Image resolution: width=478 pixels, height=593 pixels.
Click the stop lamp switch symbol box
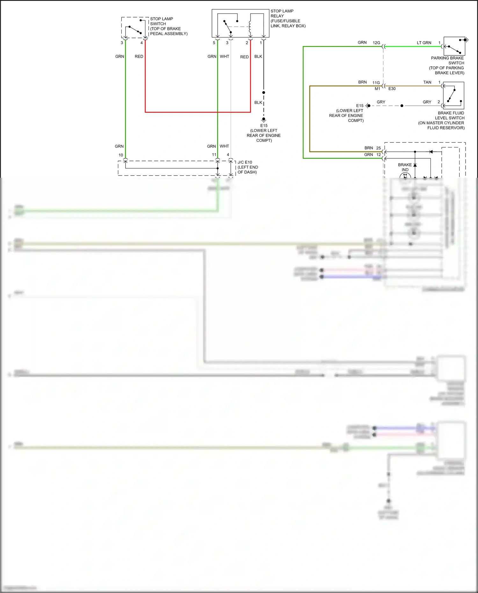[x=135, y=28]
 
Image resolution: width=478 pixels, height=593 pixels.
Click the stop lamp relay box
[x=240, y=23]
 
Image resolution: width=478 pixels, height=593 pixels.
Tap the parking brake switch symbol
[x=454, y=47]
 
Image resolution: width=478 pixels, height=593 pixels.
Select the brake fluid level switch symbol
[x=453, y=96]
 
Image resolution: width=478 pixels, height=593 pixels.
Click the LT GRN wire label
[x=424, y=43]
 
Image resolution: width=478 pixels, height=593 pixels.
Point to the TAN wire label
[x=427, y=82]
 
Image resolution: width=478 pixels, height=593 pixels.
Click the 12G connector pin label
[x=376, y=43]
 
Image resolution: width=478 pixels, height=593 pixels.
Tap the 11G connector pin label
[x=376, y=83]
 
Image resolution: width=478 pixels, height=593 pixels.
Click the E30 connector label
[x=392, y=89]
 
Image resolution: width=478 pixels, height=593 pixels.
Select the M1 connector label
[x=377, y=89]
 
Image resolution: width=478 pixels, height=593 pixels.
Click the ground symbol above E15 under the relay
[x=264, y=119]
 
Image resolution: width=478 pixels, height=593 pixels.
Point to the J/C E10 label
[x=245, y=162]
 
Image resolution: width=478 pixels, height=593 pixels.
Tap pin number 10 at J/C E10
[x=121, y=155]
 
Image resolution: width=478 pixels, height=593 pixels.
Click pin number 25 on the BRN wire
[x=379, y=148]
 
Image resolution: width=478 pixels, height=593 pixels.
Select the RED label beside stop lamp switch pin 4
[x=139, y=56]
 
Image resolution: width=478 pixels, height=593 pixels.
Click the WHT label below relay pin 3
[x=224, y=56]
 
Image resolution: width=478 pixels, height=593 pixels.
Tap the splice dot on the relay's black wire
[x=264, y=92]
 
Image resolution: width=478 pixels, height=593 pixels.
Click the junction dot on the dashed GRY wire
[x=402, y=105]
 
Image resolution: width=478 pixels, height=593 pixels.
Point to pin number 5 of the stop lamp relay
[x=214, y=43]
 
